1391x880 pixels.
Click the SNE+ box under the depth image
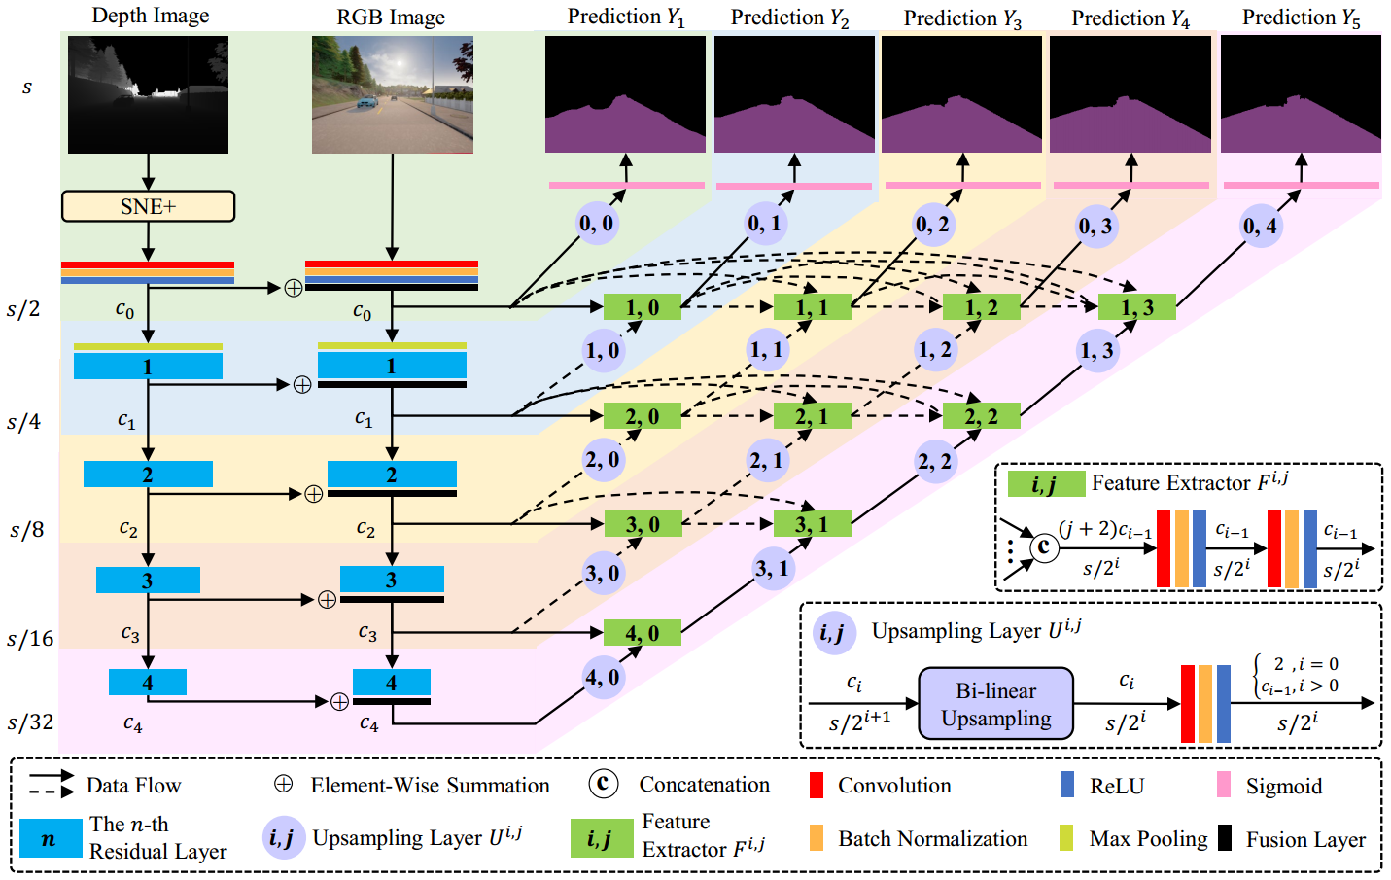click(x=148, y=206)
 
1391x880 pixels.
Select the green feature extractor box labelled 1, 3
click(x=1136, y=307)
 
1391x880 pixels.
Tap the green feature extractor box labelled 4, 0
click(x=642, y=633)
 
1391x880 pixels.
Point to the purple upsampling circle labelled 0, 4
click(x=1261, y=227)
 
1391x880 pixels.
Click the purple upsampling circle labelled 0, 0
click(x=596, y=224)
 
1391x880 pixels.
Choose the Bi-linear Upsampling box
click(x=995, y=704)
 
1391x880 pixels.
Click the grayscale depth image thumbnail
click(x=148, y=94)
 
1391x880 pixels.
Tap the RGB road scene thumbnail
click(x=392, y=94)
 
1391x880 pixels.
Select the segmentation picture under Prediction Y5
click(x=1300, y=94)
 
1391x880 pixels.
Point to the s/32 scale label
click(x=30, y=722)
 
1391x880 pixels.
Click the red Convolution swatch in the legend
click(x=817, y=786)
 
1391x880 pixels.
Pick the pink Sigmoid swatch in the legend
click(x=1224, y=786)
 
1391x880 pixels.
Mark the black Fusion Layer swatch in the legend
click(x=1225, y=838)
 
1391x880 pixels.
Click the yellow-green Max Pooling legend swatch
click(x=1066, y=838)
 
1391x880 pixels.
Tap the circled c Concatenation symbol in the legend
click(x=603, y=784)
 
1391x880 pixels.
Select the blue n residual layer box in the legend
click(x=51, y=838)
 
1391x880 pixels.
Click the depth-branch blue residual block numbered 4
click(x=147, y=682)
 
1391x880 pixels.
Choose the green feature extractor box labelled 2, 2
click(x=981, y=416)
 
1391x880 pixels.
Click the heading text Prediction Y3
click(x=961, y=18)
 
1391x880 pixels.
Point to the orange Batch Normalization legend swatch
click(x=817, y=838)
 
